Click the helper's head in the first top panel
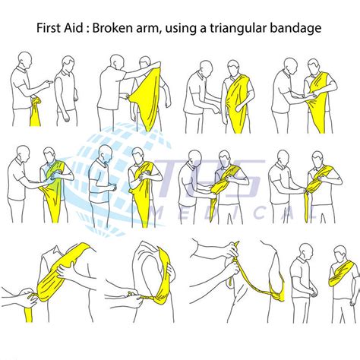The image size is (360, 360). [x=26, y=61]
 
